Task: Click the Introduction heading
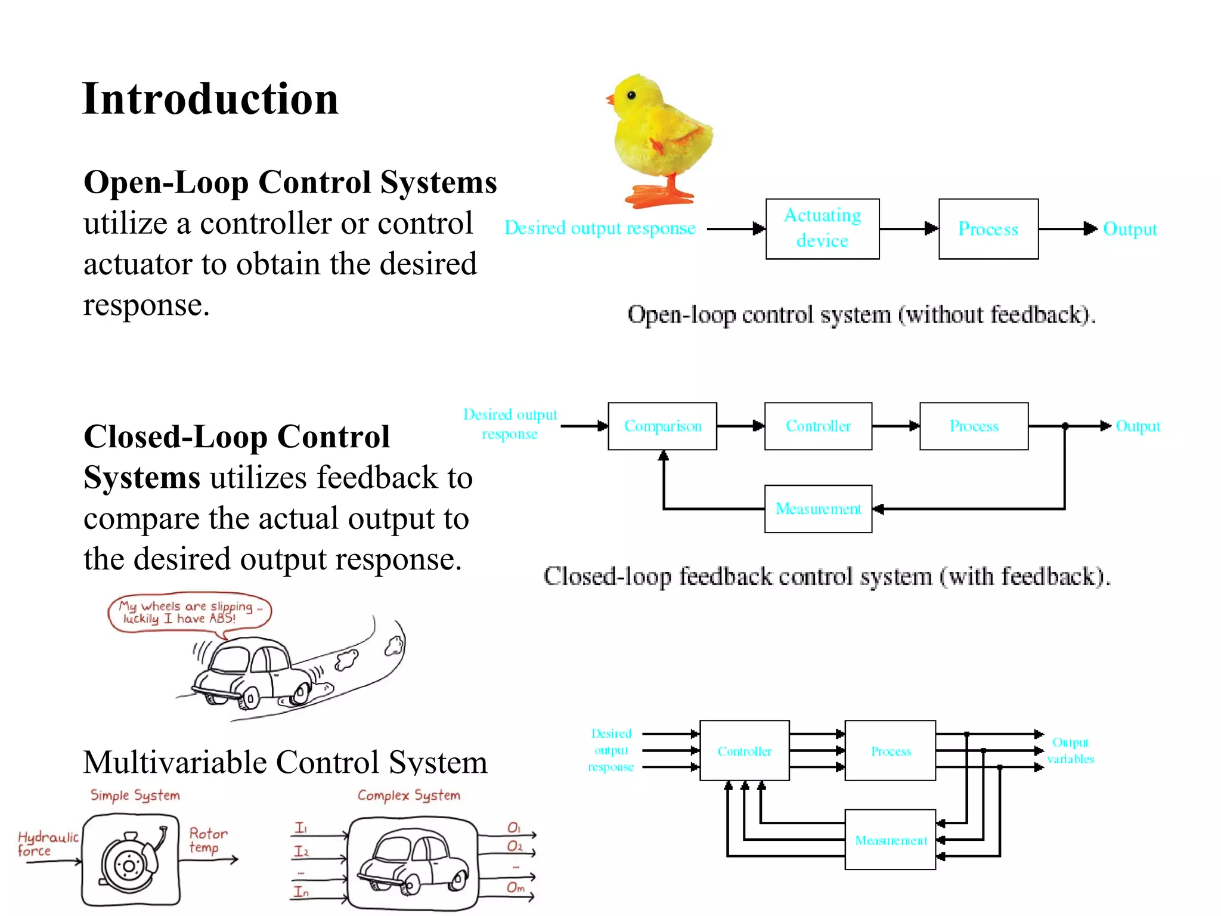[210, 99]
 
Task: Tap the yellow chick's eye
[631, 95]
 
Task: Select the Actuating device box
[822, 228]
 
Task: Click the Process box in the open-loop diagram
[988, 228]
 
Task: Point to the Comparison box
[662, 426]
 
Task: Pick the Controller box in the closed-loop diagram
[818, 426]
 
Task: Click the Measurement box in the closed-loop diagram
[818, 509]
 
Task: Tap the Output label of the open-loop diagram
[1130, 229]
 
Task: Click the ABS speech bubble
[190, 612]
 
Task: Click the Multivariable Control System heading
[285, 762]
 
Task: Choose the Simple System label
[135, 795]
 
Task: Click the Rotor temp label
[208, 840]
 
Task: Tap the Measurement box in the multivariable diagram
[890, 840]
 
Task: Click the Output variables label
[1071, 750]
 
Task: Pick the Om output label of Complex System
[516, 887]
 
